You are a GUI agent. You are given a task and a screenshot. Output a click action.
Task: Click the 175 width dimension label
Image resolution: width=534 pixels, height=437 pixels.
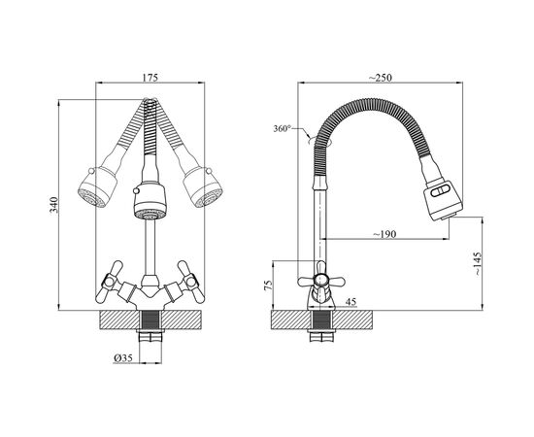click(x=150, y=78)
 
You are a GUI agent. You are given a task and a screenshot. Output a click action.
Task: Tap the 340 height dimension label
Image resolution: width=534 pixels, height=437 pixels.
click(x=54, y=205)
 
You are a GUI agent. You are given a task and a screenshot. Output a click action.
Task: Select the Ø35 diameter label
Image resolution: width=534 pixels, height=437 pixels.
click(x=123, y=358)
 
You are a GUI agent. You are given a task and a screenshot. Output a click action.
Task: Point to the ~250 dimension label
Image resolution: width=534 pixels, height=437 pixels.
click(x=380, y=78)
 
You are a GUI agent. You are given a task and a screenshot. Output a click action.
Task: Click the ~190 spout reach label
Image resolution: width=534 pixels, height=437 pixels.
click(x=384, y=234)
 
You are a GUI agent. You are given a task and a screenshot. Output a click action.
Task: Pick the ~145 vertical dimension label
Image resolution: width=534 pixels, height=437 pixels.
click(x=478, y=264)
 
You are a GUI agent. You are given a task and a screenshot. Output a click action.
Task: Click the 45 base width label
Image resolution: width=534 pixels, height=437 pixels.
click(x=350, y=302)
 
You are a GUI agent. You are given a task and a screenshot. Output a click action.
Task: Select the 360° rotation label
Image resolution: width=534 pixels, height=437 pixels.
click(x=282, y=129)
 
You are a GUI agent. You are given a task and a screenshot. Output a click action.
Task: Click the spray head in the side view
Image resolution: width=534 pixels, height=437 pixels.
click(x=443, y=199)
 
